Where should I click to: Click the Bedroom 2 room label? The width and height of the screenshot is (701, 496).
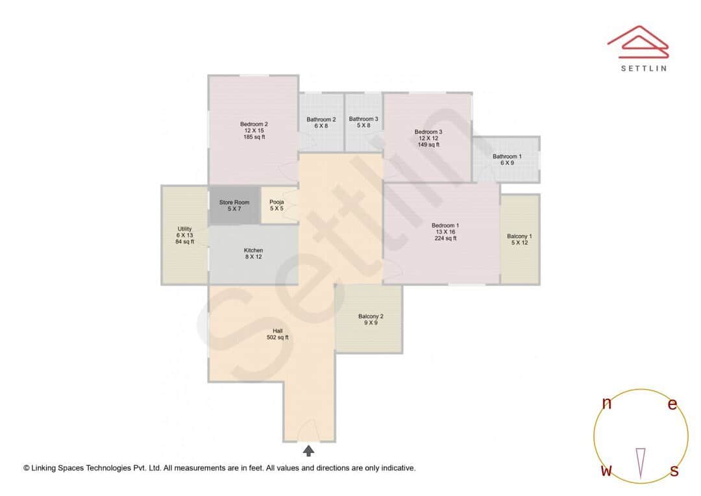pyautogui.click(x=254, y=125)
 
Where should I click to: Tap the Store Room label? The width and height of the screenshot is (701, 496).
pyautogui.click(x=234, y=203)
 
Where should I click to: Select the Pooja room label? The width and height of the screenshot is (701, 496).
pyautogui.click(x=277, y=203)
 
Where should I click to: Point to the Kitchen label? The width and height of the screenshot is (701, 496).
pyautogui.click(x=253, y=251)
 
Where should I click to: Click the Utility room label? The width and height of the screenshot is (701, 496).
pyautogui.click(x=184, y=229)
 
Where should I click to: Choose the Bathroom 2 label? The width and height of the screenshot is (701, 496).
pyautogui.click(x=321, y=119)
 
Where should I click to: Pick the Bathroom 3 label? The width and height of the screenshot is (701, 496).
pyautogui.click(x=363, y=119)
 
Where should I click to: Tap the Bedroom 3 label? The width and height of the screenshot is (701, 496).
pyautogui.click(x=428, y=132)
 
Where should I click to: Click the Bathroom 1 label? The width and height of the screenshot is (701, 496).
pyautogui.click(x=507, y=156)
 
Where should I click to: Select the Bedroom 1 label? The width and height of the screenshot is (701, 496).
pyautogui.click(x=445, y=226)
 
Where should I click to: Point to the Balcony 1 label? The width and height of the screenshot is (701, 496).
pyautogui.click(x=519, y=236)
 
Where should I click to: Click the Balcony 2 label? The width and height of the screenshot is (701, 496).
pyautogui.click(x=371, y=317)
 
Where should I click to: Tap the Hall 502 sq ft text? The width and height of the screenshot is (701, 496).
pyautogui.click(x=277, y=338)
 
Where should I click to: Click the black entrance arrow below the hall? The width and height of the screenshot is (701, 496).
pyautogui.click(x=308, y=450)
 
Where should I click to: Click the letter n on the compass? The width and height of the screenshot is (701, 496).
pyautogui.click(x=607, y=404)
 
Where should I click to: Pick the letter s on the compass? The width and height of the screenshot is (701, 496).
pyautogui.click(x=674, y=471)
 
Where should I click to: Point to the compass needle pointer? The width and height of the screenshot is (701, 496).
pyautogui.click(x=641, y=462)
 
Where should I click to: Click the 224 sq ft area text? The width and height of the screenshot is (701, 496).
pyautogui.click(x=445, y=238)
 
